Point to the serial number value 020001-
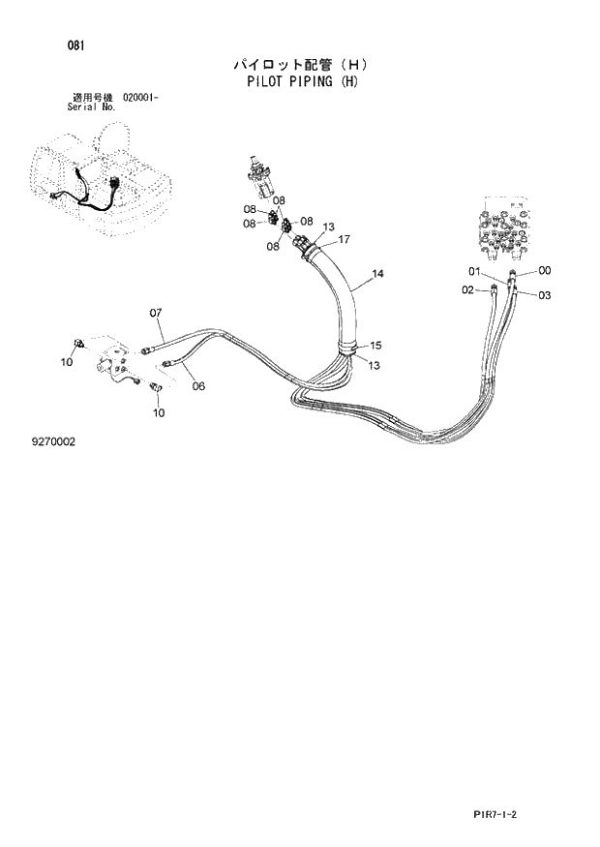click(141, 98)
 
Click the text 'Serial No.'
click(92, 107)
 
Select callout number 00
click(545, 271)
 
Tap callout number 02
click(467, 290)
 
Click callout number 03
click(544, 295)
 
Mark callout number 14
click(377, 274)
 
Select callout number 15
click(375, 346)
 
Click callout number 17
click(343, 240)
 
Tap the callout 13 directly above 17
click(329, 227)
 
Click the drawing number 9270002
click(53, 441)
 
